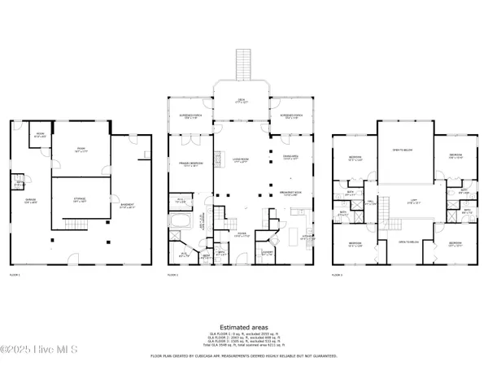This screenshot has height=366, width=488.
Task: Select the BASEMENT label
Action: pyautogui.click(x=126, y=207)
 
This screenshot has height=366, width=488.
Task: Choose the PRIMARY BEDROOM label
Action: pyautogui.click(x=190, y=163)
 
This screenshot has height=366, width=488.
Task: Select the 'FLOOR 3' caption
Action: pyautogui.click(x=338, y=276)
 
